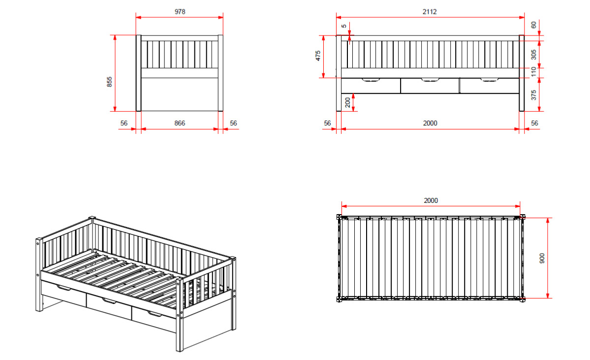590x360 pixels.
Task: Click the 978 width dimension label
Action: click(180, 12)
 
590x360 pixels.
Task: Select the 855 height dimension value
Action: click(110, 82)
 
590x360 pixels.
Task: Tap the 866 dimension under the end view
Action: click(180, 123)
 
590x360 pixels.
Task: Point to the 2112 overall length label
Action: click(429, 12)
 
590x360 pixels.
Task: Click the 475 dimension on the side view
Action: click(318, 56)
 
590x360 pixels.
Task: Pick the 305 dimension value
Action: click(533, 55)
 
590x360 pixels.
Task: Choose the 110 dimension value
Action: click(533, 71)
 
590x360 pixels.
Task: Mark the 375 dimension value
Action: click(533, 95)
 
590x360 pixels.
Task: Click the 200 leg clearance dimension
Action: click(348, 102)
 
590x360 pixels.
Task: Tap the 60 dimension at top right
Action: click(533, 25)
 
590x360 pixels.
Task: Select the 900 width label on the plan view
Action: click(542, 259)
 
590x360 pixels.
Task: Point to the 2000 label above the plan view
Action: click(431, 200)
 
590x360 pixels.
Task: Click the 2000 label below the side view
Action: click(430, 123)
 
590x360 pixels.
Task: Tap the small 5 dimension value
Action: click(344, 26)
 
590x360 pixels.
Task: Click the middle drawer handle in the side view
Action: click(430, 80)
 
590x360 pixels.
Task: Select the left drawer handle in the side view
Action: click(371, 80)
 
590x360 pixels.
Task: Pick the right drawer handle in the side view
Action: click(489, 80)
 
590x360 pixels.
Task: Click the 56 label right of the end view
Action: click(233, 123)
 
